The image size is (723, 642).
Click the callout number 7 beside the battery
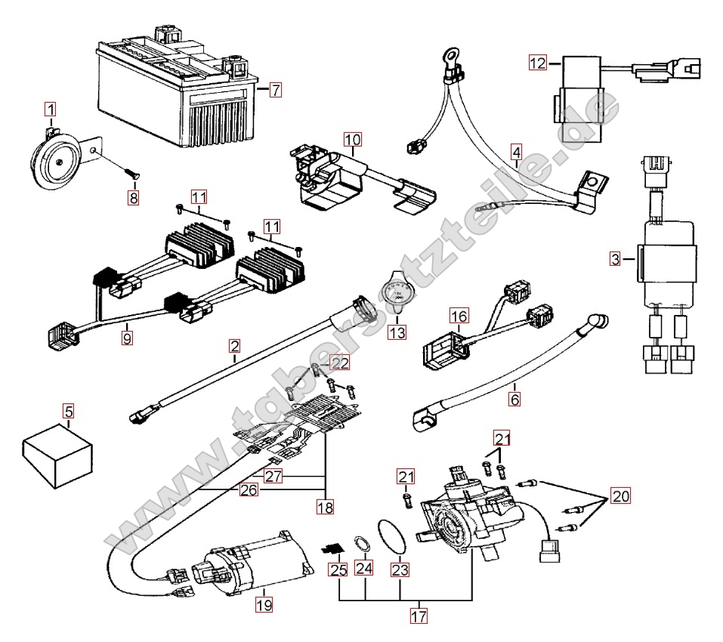click(275, 90)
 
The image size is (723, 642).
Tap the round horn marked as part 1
click(55, 159)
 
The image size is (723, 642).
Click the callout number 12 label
click(537, 63)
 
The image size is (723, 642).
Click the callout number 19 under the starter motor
click(263, 604)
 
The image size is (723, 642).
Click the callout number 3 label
click(616, 260)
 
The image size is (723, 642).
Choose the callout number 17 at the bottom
click(419, 616)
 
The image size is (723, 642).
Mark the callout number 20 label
click(619, 496)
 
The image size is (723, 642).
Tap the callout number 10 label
click(353, 139)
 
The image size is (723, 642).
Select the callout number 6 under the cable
click(514, 399)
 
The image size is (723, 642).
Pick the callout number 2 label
click(235, 347)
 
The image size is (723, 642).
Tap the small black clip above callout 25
click(332, 547)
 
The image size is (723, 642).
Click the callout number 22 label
click(341, 363)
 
